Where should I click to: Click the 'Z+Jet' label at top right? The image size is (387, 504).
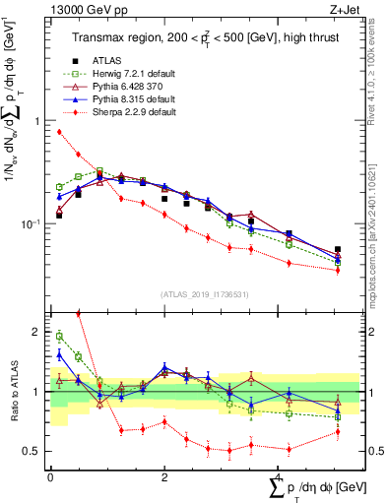click(340, 9)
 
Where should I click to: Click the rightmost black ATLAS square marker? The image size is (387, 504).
click(338, 250)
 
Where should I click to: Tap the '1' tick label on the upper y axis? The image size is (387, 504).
click(39, 121)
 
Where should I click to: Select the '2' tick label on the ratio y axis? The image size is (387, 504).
click(39, 332)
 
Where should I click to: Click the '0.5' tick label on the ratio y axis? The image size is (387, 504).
click(34, 451)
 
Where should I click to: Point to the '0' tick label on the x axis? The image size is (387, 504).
click(50, 475)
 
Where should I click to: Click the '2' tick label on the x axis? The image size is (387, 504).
click(163, 475)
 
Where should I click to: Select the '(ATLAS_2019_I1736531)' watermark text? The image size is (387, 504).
click(205, 294)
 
